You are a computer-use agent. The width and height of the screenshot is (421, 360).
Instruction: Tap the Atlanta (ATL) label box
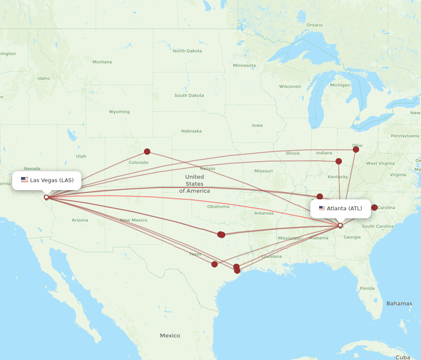click(340, 209)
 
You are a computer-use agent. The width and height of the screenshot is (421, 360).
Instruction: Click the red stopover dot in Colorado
click(147, 151)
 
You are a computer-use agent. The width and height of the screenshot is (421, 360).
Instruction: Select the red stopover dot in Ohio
click(356, 149)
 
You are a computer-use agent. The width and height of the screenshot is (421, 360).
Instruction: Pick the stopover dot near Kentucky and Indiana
click(338, 161)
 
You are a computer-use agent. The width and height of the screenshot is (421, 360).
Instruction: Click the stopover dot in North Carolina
click(374, 207)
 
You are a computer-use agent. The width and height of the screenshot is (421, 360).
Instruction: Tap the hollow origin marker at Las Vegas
click(46, 197)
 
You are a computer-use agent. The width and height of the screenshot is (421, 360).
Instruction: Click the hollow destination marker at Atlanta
click(340, 225)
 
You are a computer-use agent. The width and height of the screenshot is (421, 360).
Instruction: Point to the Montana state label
click(102, 62)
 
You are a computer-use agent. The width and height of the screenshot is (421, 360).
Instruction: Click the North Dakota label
click(187, 51)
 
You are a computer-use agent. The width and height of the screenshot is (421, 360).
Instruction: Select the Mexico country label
click(170, 336)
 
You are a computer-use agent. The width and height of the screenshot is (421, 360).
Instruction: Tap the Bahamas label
click(399, 304)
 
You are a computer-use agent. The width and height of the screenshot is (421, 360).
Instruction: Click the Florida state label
click(367, 289)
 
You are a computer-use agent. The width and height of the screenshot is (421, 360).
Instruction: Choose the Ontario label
click(314, 25)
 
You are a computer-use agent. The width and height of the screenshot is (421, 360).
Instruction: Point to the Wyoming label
click(119, 112)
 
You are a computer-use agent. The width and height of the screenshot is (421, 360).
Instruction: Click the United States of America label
click(194, 184)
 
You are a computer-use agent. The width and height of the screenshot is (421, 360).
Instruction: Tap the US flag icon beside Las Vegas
click(24, 180)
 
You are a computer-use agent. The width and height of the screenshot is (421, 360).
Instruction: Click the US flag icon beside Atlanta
click(322, 208)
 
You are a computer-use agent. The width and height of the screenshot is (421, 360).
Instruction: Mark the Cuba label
click(403, 357)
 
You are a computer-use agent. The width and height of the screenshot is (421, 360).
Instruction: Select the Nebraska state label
click(191, 131)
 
